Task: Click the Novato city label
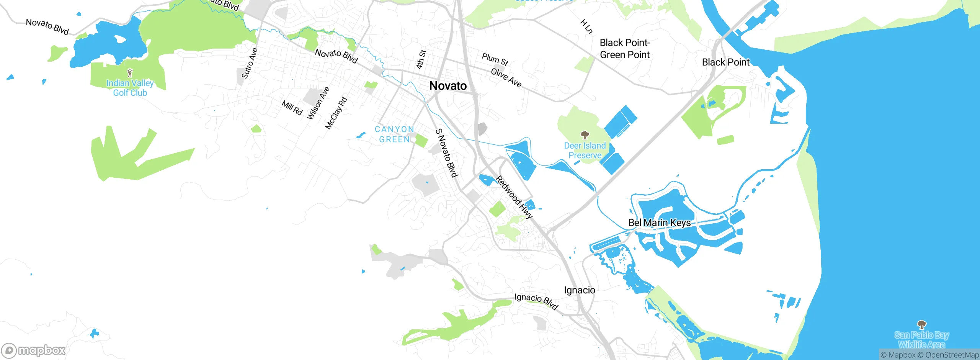pos(448,86)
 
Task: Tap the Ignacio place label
pos(579,290)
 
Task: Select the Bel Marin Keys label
pos(659,223)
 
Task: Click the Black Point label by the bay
pos(725,62)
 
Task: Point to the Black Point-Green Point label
pos(625,49)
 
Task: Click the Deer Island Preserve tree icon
pos(585,135)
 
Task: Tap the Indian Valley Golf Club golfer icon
pos(130,72)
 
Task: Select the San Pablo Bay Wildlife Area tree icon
pos(922,325)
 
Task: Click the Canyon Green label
pos(394,134)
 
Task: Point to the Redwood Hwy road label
pos(514,197)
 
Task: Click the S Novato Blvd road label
pos(446,153)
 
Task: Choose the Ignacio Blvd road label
pos(536,301)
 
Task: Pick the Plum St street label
pos(495,59)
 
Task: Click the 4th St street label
pos(421,59)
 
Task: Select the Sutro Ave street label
pos(250,63)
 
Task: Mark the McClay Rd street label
pos(336,113)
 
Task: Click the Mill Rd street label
pos(292,108)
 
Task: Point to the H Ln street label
pos(586,26)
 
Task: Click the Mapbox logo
pos(34,350)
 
